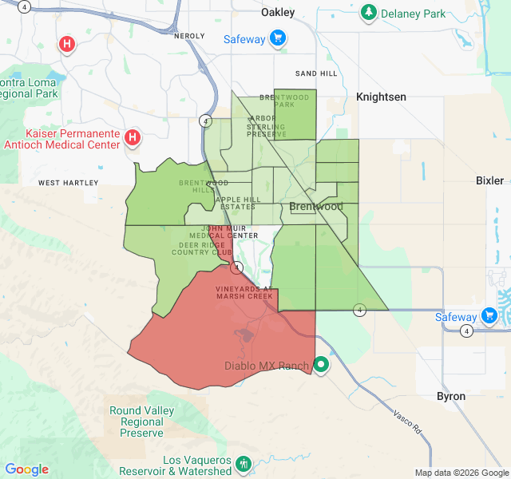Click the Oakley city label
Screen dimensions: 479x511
tap(278, 12)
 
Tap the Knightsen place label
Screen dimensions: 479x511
tap(381, 97)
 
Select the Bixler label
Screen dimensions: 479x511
tap(489, 180)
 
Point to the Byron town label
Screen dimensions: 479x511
tap(451, 396)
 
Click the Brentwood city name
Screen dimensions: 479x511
tap(316, 206)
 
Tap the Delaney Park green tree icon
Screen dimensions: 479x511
tap(368, 13)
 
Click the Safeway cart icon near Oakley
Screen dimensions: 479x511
tap(278, 38)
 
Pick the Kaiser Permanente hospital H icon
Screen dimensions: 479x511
tap(133, 139)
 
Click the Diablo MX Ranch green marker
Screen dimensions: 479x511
tap(321, 366)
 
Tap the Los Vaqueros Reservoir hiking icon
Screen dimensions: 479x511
tap(244, 463)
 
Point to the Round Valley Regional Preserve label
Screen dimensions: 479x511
tap(142, 422)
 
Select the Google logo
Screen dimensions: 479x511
tap(26, 469)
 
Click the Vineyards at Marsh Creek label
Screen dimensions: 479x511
tap(244, 292)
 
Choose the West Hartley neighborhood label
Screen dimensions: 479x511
tap(69, 183)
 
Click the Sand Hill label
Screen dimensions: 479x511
tap(316, 73)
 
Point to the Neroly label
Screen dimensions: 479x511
tap(189, 36)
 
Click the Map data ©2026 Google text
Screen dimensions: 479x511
tap(461, 472)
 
